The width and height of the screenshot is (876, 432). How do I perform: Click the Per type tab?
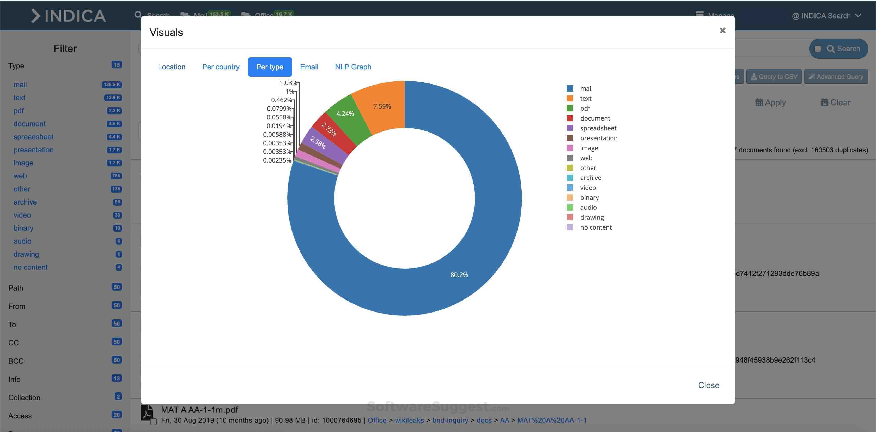[270, 67]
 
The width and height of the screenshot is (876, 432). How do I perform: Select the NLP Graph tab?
[353, 67]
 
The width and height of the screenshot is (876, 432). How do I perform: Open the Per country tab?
[221, 67]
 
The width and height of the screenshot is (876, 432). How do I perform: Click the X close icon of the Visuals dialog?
[722, 31]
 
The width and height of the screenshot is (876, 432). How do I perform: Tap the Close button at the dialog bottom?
[708, 385]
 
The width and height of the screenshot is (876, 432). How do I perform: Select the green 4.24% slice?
[345, 114]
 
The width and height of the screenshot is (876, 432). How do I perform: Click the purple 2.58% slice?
[318, 143]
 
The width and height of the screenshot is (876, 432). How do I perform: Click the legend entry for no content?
[596, 227]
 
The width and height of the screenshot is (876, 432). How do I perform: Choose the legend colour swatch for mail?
[570, 88]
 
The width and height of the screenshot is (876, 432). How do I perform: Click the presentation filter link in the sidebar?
[33, 150]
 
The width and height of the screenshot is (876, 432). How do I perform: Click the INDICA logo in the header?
[68, 16]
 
